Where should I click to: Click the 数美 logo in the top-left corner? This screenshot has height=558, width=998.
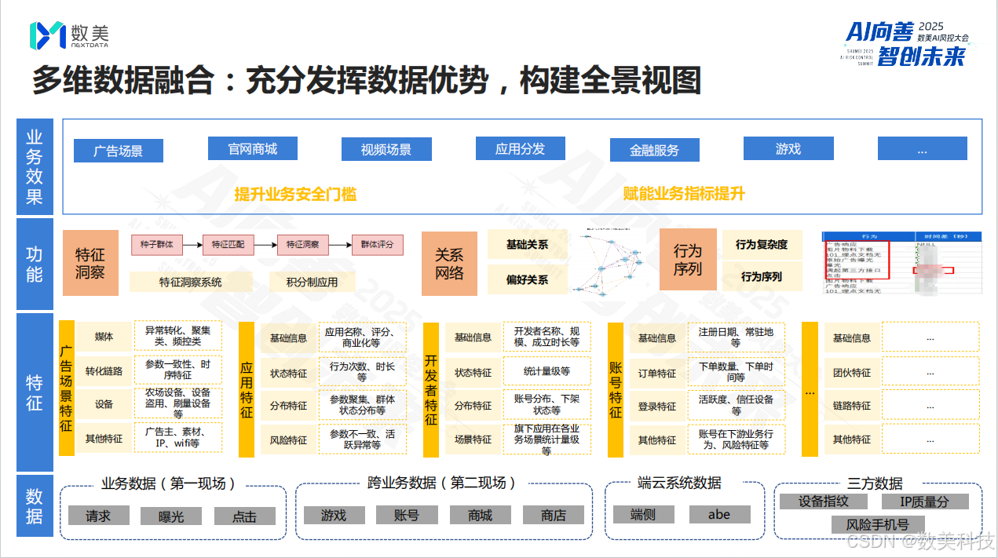point(68,35)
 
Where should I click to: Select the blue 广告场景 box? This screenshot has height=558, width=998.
point(118,151)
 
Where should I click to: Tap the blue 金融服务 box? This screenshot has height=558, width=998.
point(654,150)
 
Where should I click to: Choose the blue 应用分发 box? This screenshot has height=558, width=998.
point(520,148)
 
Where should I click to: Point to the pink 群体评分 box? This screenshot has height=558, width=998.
point(377,245)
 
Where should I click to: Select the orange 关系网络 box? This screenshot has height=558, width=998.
point(449,264)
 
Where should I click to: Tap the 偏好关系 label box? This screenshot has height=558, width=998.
point(527,279)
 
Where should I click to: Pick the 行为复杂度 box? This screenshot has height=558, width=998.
point(761,245)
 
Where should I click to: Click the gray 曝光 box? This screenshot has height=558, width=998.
point(171,516)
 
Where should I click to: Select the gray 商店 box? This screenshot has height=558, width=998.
point(554,515)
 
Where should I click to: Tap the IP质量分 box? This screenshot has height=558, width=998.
point(924,501)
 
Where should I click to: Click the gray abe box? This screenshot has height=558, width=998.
point(718,515)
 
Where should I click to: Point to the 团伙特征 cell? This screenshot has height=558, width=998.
point(851,373)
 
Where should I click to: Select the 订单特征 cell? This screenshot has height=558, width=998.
point(656,374)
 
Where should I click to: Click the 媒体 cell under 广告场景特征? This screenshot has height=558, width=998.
point(104,337)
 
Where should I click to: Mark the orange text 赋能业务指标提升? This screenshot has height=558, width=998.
point(683,194)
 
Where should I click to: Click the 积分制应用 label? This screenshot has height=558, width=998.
point(312,282)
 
